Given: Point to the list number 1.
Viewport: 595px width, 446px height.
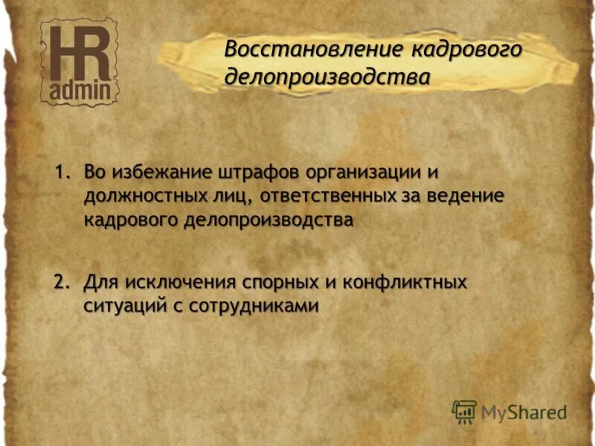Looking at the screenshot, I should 63,172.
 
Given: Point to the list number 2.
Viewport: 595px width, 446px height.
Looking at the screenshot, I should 63,282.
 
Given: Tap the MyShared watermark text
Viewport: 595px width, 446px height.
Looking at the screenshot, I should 524,411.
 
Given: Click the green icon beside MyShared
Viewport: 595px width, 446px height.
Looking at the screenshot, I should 464,411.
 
